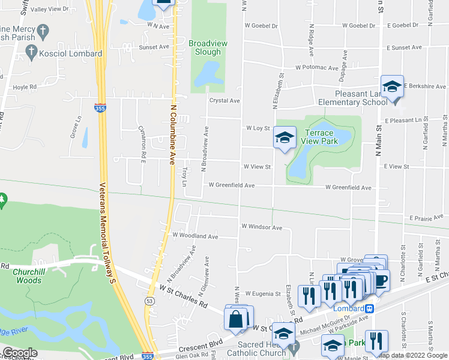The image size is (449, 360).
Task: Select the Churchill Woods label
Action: pos(28,276)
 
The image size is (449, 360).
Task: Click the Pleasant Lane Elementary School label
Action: pos(353,98)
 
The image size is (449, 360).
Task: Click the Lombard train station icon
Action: pos(370,308)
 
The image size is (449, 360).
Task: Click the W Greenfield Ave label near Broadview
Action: pos(231,185)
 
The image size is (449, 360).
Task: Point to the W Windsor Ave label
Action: pos(261,227)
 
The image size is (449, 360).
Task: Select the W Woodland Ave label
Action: pos(195,236)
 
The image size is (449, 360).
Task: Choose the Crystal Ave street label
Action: pos(224,101)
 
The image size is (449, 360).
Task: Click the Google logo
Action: pos(20,353)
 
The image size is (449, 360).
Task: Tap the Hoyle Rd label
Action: pos(25,86)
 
